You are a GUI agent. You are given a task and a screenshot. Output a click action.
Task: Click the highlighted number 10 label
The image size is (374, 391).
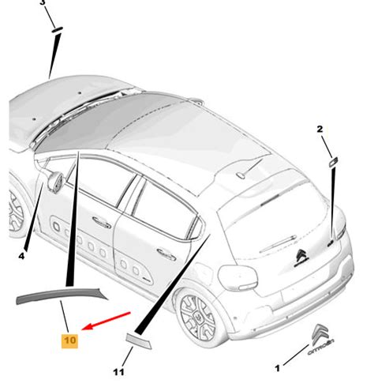(69, 340)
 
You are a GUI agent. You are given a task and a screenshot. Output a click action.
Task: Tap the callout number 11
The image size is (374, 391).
(118, 372)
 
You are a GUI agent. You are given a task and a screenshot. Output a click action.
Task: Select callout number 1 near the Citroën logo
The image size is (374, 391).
(277, 368)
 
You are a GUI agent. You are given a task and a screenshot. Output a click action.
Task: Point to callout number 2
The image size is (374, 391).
(320, 129)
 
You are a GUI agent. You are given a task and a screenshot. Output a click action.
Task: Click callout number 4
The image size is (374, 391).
(21, 255)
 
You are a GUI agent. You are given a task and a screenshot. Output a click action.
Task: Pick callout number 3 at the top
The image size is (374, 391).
(43, 2)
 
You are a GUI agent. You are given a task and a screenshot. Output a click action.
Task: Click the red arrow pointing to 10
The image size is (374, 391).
(107, 321)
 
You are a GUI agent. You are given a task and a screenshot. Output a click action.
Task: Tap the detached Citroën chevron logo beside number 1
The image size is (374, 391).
(321, 339)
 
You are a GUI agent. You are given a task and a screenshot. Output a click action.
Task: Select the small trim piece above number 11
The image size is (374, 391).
(139, 340)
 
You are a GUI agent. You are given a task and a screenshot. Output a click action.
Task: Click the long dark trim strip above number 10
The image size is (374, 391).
(62, 295)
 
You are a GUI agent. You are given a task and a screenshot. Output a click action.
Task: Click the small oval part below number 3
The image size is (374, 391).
(57, 29)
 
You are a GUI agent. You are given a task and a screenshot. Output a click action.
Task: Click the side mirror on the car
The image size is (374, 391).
(54, 181)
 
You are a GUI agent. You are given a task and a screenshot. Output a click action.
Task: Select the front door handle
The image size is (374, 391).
(102, 224)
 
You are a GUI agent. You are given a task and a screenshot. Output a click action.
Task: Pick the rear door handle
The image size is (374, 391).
(166, 254)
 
